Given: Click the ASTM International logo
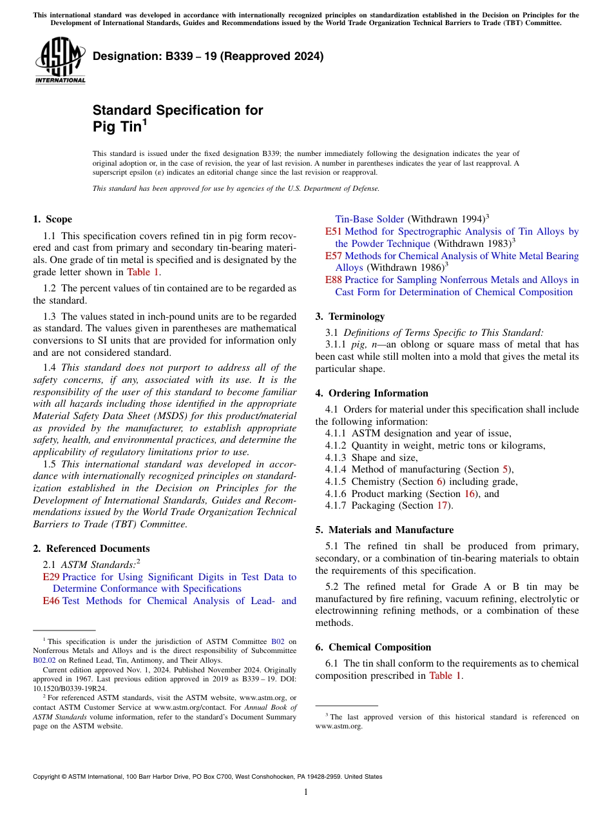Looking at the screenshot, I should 60,61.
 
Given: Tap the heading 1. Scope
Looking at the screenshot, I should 52,219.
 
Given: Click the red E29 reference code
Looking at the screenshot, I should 51,577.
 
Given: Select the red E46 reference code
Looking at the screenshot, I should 51,601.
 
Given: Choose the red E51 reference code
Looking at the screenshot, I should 333,231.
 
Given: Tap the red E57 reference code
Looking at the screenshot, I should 333,256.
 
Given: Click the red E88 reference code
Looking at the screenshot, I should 333,280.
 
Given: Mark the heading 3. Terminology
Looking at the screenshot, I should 350,317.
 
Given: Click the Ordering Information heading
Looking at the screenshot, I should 371,393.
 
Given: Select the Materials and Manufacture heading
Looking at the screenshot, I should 384,530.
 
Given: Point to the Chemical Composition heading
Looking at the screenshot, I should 373,647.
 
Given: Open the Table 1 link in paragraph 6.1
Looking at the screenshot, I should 445,676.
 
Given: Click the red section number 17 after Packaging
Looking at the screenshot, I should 443,505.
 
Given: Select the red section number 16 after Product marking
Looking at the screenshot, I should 470,494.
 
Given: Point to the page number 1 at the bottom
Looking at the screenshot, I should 306,792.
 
